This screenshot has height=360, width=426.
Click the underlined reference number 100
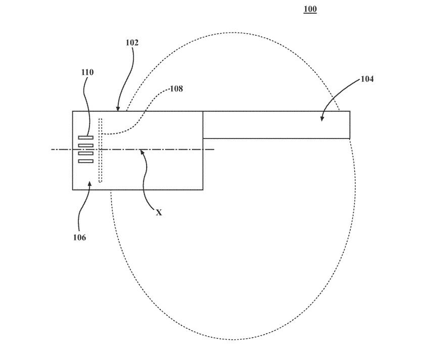(310, 9)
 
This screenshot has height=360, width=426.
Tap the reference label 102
(132, 42)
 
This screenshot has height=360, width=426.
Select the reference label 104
(367, 79)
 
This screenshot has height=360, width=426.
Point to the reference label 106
(79, 237)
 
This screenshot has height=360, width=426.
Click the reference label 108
(176, 88)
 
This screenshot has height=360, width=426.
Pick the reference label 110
(87, 72)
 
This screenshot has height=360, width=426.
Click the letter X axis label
(159, 213)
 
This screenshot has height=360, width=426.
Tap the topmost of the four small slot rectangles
(86, 138)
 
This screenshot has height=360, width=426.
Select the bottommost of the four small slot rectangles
(86, 161)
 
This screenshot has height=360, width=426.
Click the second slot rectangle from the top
(86, 146)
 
